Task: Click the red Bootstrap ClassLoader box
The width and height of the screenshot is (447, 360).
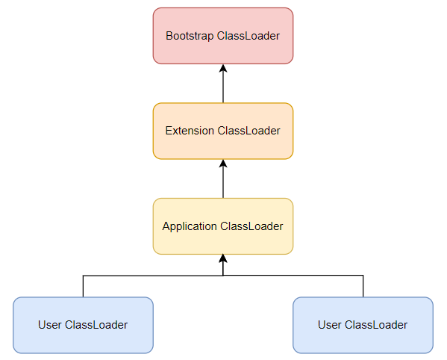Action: tap(223, 36)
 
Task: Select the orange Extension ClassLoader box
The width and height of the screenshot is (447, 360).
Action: tap(223, 131)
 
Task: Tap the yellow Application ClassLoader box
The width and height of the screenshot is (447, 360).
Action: tap(223, 226)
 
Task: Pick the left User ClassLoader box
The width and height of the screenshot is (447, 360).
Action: tap(83, 325)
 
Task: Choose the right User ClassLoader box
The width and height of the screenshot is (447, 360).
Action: tap(363, 325)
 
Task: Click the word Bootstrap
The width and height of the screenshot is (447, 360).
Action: tap(190, 37)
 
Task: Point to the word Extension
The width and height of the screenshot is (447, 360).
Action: tap(190, 131)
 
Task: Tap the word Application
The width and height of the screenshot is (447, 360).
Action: tap(190, 226)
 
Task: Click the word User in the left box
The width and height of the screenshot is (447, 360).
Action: tap(49, 325)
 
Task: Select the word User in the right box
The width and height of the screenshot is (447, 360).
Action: tap(330, 325)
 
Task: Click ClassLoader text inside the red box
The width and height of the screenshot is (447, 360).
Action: tap(248, 36)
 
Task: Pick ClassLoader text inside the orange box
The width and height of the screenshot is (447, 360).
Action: tap(248, 131)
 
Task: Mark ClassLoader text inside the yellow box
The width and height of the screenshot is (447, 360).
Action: tap(251, 226)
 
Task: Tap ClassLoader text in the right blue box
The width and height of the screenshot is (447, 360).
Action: tap(376, 325)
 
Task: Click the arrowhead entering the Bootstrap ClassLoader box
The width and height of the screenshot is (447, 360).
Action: tap(223, 68)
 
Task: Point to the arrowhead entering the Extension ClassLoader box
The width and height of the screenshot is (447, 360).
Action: tap(223, 163)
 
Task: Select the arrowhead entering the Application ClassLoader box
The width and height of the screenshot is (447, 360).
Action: tap(223, 258)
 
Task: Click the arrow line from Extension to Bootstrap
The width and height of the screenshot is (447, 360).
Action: tap(223, 84)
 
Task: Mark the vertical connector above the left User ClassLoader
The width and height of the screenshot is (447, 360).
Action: tap(83, 286)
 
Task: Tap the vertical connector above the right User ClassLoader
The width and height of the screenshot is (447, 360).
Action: tap(363, 286)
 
